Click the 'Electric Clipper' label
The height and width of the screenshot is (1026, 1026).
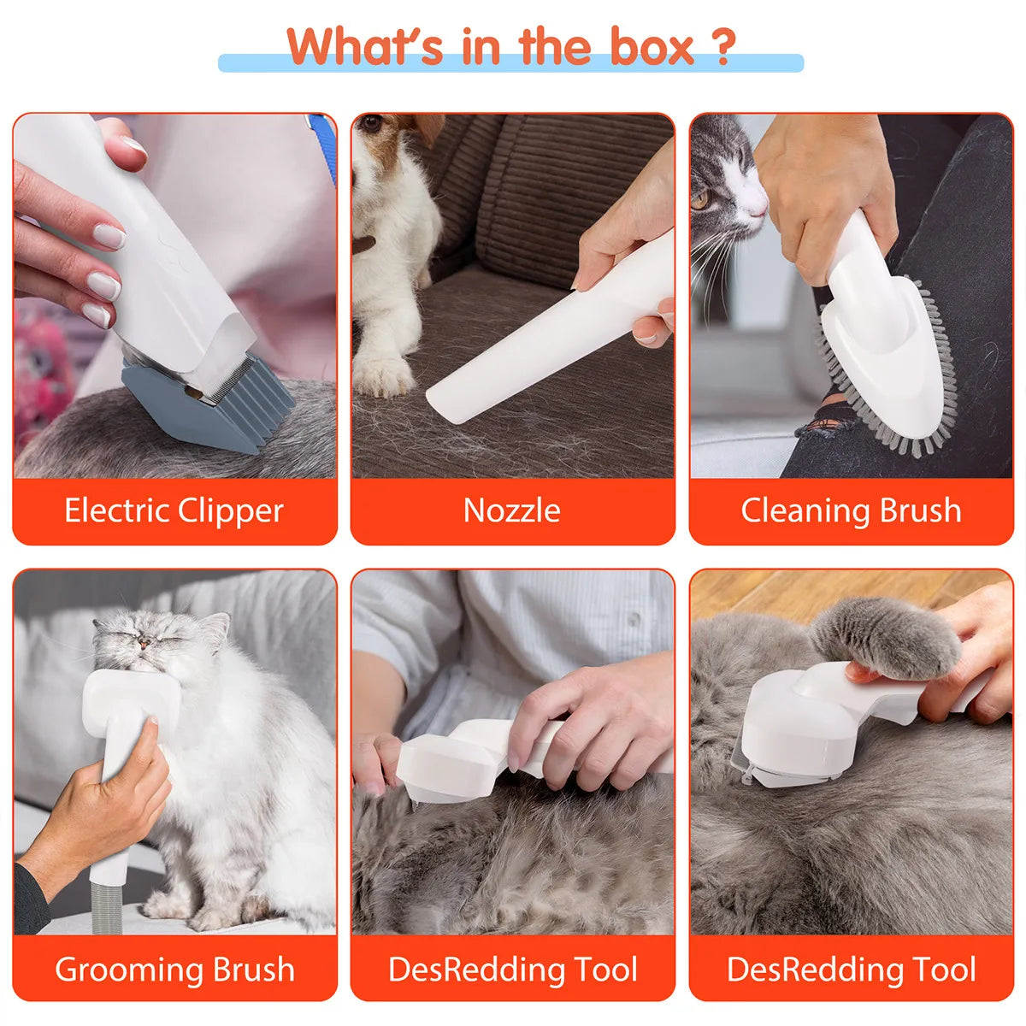click(174, 510)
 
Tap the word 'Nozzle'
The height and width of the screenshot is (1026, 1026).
click(511, 510)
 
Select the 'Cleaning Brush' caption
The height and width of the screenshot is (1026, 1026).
click(851, 510)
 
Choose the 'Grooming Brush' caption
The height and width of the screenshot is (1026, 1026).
click(174, 970)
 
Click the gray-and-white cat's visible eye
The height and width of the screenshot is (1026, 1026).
click(701, 202)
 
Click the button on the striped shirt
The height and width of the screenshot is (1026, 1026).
click(633, 618)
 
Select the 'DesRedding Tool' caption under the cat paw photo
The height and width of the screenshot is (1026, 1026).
click(851, 970)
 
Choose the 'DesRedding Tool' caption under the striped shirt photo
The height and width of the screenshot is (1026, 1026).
click(512, 970)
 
